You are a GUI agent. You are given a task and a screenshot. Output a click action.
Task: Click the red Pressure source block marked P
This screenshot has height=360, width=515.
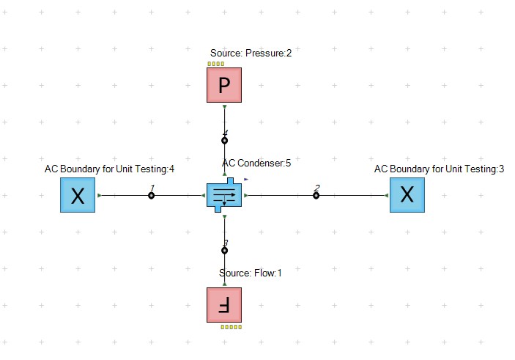point(224,85)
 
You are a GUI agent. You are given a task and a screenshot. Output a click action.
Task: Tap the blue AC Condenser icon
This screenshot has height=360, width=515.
point(224,195)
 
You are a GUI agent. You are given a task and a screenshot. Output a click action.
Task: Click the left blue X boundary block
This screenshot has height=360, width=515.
point(78,195)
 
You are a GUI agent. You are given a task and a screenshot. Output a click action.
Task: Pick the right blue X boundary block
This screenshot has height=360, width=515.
point(407,195)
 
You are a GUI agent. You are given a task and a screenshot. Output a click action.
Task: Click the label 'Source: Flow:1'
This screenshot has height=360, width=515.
point(251,273)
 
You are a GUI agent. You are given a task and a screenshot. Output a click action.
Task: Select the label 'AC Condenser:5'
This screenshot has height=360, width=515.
point(256,163)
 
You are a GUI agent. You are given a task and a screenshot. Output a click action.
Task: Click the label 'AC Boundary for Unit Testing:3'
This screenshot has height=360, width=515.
point(439,169)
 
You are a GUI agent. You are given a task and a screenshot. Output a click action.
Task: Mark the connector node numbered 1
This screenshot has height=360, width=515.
point(151,195)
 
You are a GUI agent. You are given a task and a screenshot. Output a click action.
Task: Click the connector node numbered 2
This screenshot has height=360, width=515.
point(316,195)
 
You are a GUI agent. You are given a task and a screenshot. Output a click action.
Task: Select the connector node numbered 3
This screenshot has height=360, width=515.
point(224,250)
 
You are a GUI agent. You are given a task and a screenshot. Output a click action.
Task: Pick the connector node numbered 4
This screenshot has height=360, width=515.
point(224,140)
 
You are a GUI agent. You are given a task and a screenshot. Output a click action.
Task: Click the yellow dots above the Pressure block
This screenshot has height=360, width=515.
point(215,64)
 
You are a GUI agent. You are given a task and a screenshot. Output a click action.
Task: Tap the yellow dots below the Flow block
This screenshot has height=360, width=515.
point(231,326)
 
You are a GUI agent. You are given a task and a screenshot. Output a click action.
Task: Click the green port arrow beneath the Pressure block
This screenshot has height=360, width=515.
point(224,107)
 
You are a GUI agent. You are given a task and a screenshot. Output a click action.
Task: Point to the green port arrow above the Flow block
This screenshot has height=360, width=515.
point(224,283)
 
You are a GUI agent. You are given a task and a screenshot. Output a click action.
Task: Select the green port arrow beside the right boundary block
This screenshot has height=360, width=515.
point(386,196)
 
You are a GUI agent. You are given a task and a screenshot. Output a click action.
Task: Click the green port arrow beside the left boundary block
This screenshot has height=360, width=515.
point(99,196)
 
